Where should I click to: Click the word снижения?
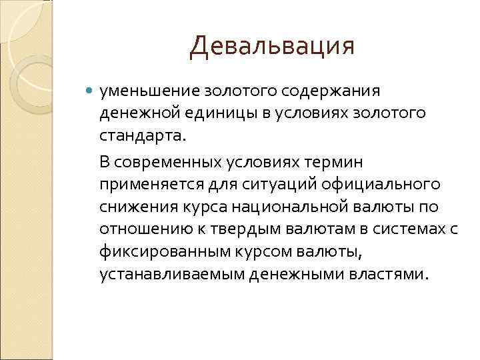131,206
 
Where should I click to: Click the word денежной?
136,113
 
